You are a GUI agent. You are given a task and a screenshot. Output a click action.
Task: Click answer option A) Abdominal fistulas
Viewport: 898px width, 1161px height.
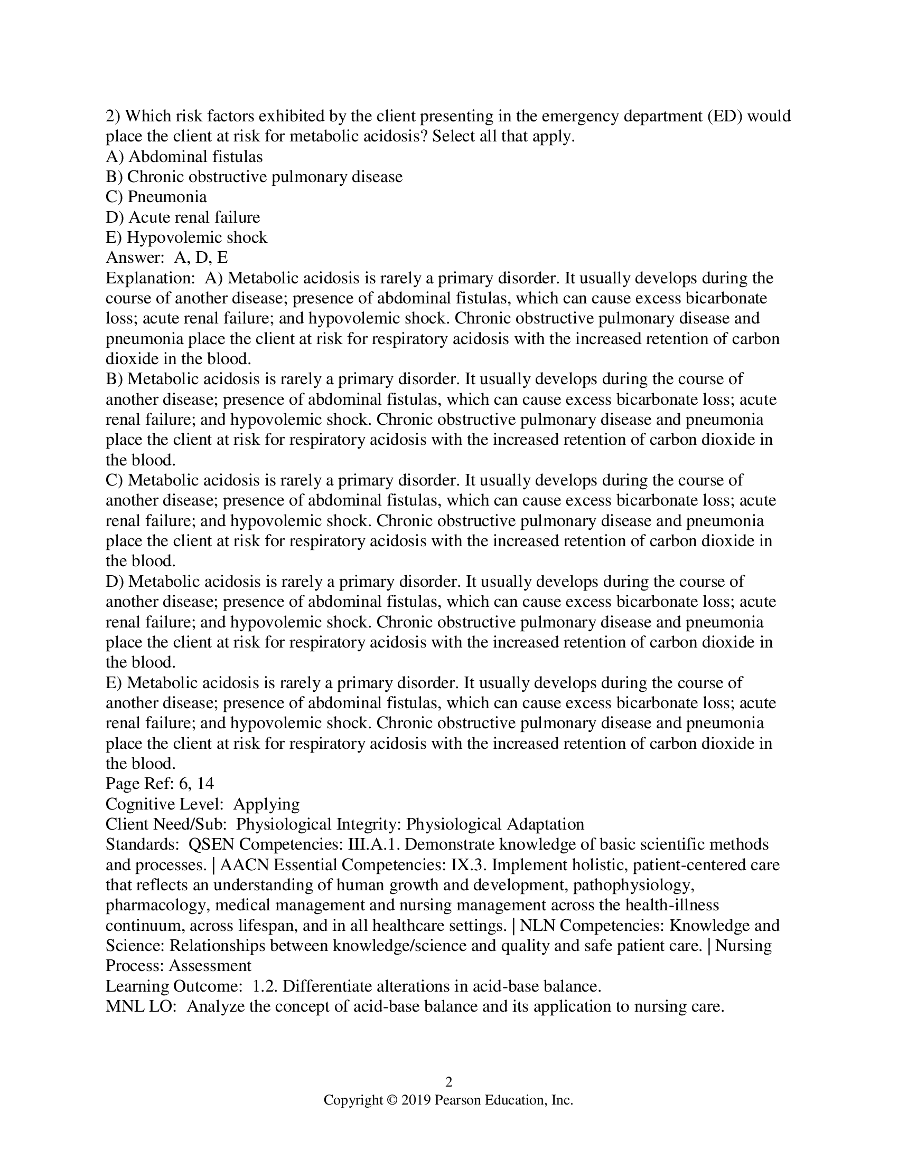[x=184, y=157]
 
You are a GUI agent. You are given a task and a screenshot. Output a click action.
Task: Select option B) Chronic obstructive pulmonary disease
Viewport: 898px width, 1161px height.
[x=254, y=177]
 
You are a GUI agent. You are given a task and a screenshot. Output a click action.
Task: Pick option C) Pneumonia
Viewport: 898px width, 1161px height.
[x=156, y=197]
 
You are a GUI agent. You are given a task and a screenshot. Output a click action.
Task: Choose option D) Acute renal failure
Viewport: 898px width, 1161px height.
[x=182, y=217]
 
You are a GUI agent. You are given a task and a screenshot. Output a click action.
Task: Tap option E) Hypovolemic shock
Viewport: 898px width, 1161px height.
[x=186, y=237]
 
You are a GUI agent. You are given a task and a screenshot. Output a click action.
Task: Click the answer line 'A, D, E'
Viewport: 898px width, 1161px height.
[x=201, y=258]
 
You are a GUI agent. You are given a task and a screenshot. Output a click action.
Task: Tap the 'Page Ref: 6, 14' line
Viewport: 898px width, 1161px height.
[x=160, y=784]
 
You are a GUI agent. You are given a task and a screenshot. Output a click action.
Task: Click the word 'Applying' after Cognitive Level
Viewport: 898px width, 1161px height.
[x=266, y=804]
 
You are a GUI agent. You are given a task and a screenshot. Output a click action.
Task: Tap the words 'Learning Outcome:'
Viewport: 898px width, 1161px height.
[x=173, y=987]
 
